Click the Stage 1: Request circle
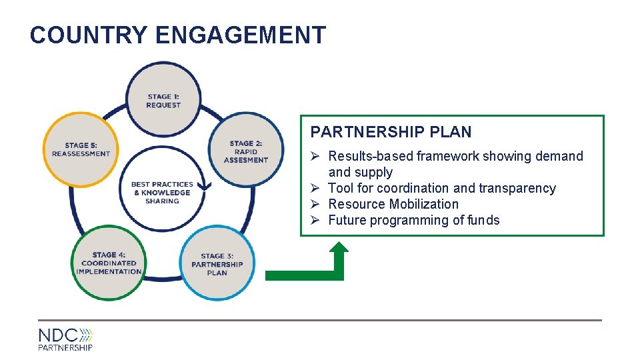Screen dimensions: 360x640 pyautogui.click(x=163, y=100)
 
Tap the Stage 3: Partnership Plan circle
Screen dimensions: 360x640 pyautogui.click(x=217, y=264)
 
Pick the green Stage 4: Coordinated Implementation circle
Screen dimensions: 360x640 pyautogui.click(x=109, y=263)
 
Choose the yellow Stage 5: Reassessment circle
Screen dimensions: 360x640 pyautogui.click(x=81, y=149)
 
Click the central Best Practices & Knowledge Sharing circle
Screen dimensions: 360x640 pyautogui.click(x=162, y=193)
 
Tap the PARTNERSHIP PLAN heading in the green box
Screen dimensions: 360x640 pyautogui.click(x=391, y=132)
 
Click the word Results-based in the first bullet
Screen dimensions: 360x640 pyautogui.click(x=370, y=156)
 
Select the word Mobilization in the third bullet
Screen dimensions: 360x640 pyautogui.click(x=424, y=204)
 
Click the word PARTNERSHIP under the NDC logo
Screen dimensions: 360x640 pyautogui.click(x=65, y=347)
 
